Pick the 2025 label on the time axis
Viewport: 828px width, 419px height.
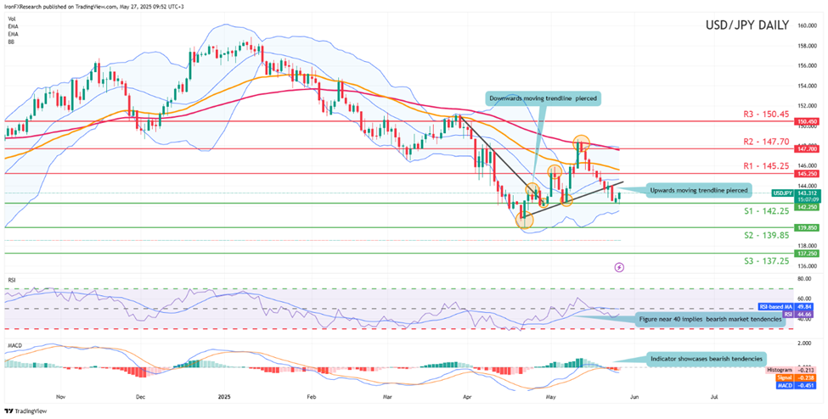point(223,396)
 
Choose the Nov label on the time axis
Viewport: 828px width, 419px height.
point(60,396)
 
